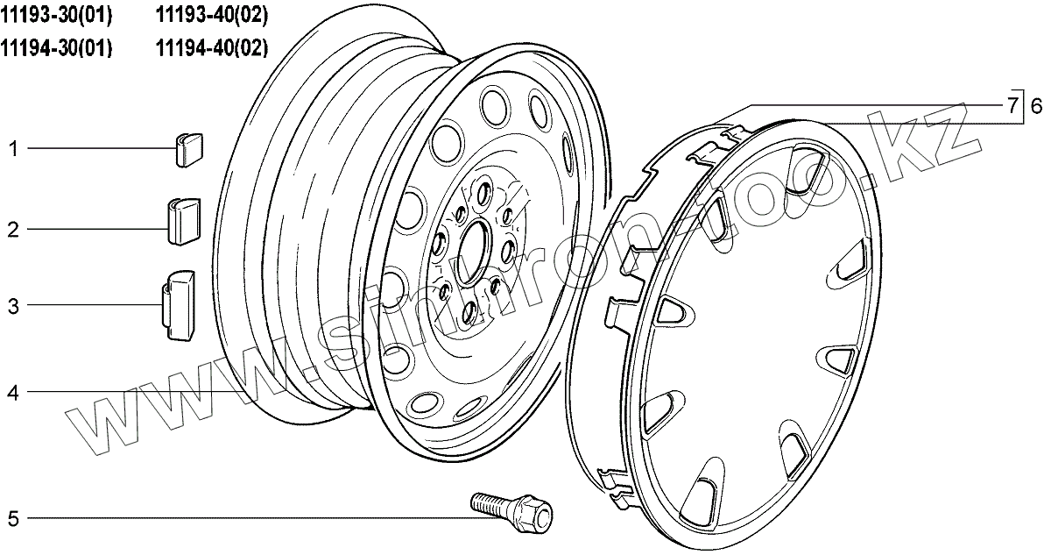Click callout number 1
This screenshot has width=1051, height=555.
[13, 149]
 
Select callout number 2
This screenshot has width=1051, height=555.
[13, 231]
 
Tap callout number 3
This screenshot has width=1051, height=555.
[13, 306]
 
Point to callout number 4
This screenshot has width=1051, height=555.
[13, 393]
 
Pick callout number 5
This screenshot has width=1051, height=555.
[13, 518]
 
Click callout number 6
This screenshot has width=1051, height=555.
[1035, 107]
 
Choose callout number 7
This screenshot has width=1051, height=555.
[1012, 107]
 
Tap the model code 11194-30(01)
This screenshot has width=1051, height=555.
[57, 47]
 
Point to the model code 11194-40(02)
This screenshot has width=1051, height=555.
[212, 47]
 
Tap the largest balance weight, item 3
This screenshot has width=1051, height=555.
[179, 303]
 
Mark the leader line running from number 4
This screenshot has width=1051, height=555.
[131, 392]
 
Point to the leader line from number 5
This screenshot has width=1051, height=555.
[245, 518]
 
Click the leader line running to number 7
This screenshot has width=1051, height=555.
[876, 103]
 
